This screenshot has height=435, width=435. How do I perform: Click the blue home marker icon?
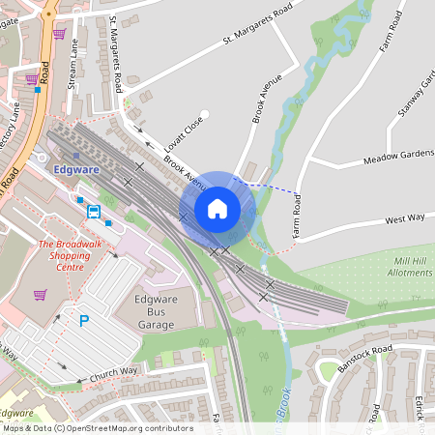pyautogui.click(x=217, y=208)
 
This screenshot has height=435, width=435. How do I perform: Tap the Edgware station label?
pyautogui.click(x=78, y=168)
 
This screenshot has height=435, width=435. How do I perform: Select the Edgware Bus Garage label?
pyautogui.click(x=155, y=312)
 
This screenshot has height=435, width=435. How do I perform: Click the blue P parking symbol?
pyautogui.click(x=84, y=320)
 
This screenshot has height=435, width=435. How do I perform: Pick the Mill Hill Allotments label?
pyautogui.click(x=402, y=267)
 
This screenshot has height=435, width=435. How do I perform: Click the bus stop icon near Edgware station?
pyautogui.click(x=94, y=211)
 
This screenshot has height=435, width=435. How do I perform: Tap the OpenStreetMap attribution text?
pyautogui.click(x=97, y=427)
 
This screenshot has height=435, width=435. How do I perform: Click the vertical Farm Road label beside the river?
pyautogui.click(x=296, y=217)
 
